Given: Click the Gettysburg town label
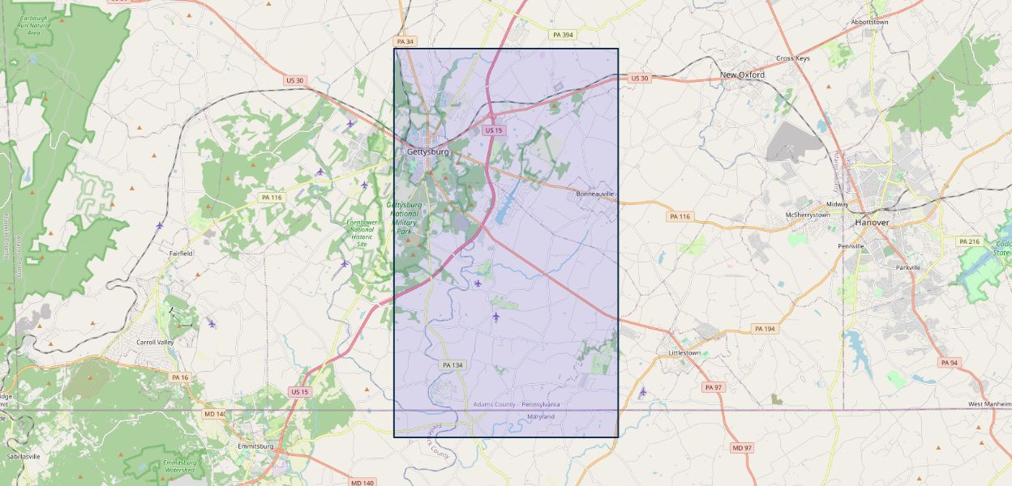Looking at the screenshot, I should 427,151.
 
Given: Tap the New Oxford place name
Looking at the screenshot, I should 742,75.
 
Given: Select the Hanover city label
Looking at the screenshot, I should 872,222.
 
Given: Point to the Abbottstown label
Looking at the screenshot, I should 869,22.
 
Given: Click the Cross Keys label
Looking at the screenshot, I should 792,58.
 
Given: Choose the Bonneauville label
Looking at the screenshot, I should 595,194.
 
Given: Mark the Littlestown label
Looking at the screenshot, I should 684,353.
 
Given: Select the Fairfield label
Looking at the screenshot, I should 181,254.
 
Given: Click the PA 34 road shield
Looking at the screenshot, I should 405,40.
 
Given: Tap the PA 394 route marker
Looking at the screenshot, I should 562,35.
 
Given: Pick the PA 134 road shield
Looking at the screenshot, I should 452,365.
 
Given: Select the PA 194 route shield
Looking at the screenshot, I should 764,328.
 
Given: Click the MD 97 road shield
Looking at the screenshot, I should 741,448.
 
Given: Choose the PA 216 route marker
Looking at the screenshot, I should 969,241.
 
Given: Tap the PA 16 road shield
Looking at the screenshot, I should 179,377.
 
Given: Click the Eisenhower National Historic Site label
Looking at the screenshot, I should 361,232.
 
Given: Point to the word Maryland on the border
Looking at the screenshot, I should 541,416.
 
